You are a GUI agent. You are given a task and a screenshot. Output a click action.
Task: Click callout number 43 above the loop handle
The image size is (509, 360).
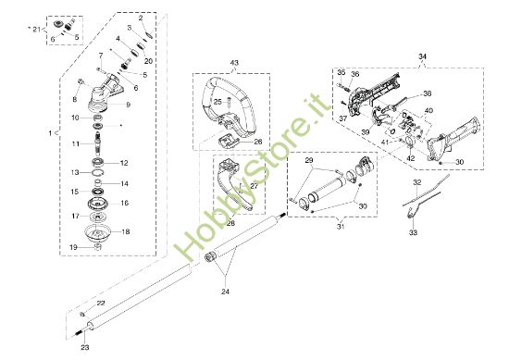point(234,63)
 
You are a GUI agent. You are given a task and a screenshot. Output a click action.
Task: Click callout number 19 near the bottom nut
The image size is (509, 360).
point(73,247)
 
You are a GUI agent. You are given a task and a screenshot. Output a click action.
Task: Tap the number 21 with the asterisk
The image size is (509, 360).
point(37,30)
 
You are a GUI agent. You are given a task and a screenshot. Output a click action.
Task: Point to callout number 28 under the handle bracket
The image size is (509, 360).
point(230,223)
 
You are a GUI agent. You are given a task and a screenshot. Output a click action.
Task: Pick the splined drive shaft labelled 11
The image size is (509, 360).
point(98,143)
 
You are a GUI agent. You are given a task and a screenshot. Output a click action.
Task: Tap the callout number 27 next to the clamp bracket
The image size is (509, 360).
point(254,185)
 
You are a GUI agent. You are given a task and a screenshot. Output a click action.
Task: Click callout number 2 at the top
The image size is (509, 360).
point(141,19)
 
